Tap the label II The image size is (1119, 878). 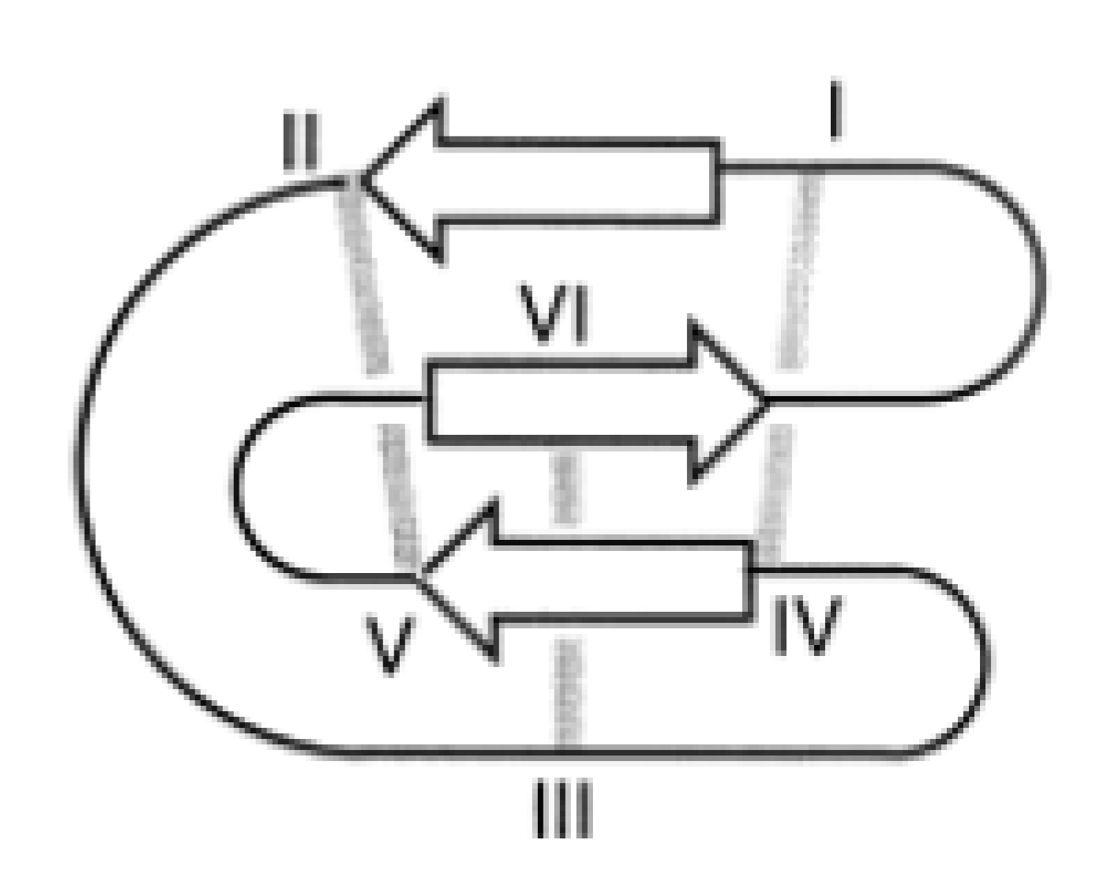point(301,146)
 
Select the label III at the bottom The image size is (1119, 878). point(563,809)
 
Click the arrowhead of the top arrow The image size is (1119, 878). point(405,180)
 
